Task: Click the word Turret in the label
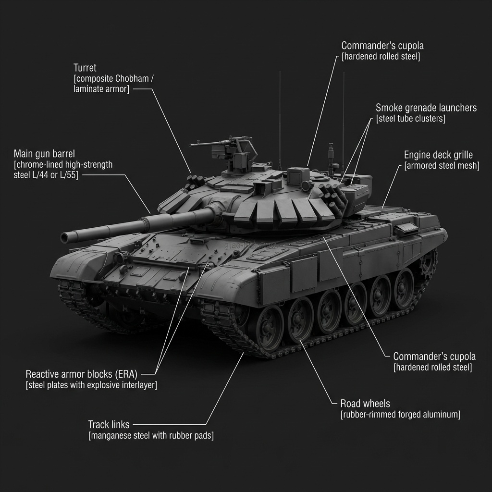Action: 85,68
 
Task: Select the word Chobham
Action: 132,78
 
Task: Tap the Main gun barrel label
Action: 44,154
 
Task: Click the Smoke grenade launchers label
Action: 426,108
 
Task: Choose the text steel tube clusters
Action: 410,119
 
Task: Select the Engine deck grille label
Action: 438,155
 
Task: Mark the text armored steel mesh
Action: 442,166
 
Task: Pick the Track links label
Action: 109,425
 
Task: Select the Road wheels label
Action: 365,404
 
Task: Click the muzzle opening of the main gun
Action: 65,238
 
